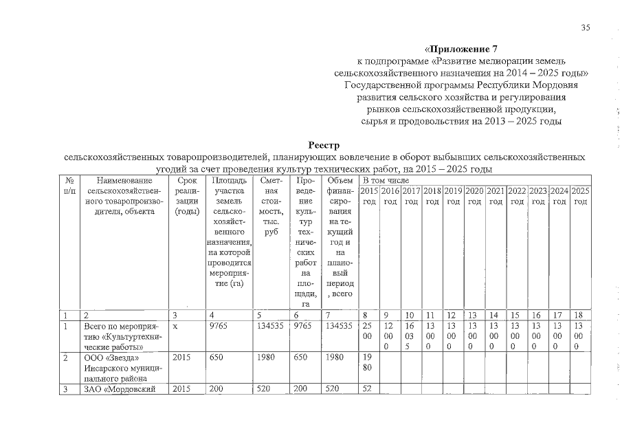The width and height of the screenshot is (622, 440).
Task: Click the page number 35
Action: pyautogui.click(x=586, y=27)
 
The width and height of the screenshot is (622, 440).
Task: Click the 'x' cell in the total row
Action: pyautogui.click(x=176, y=327)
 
